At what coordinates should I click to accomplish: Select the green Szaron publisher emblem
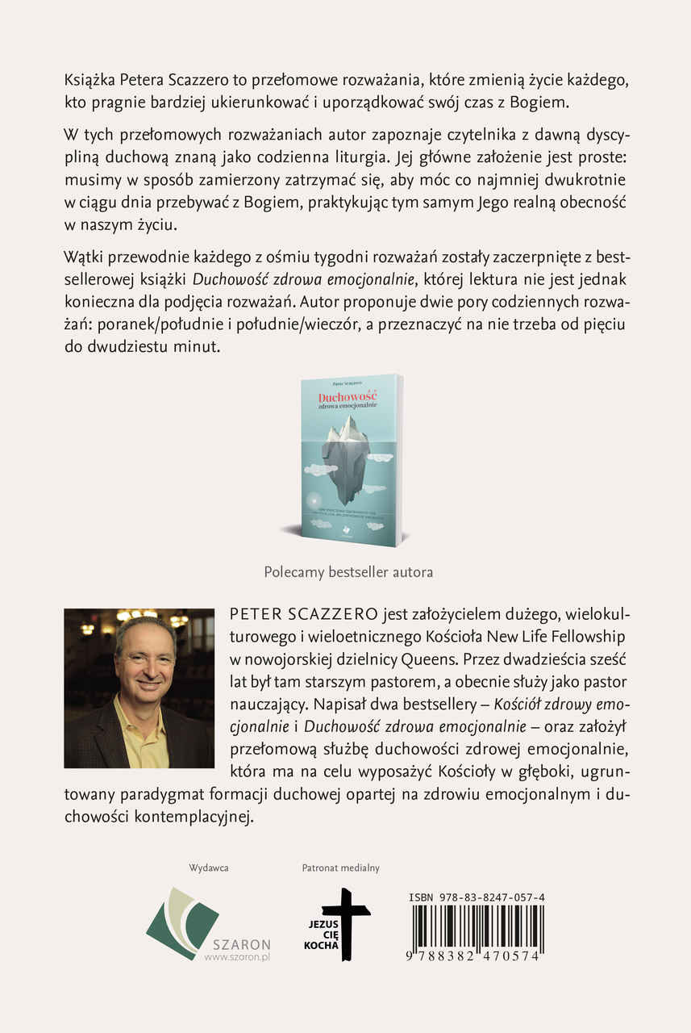(x=182, y=922)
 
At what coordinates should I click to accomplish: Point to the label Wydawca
(x=209, y=868)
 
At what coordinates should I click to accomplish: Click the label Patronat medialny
(x=340, y=868)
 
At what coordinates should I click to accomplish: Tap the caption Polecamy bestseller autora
(x=348, y=571)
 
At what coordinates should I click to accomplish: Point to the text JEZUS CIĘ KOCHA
(x=321, y=934)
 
